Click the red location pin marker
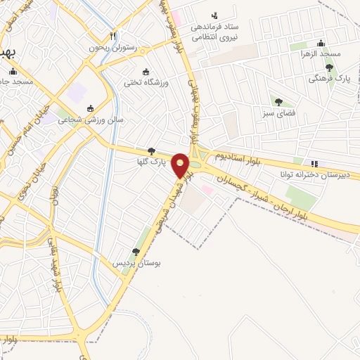(x=181, y=165)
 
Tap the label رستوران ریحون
(x=112, y=48)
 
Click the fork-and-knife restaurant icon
(x=112, y=35)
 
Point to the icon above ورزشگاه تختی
(x=146, y=72)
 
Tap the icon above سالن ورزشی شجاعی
(x=90, y=108)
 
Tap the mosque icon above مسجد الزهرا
(x=321, y=42)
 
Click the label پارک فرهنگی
(x=327, y=79)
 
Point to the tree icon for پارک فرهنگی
(x=329, y=67)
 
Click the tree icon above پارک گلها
(x=151, y=150)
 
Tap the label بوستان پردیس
(x=138, y=263)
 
